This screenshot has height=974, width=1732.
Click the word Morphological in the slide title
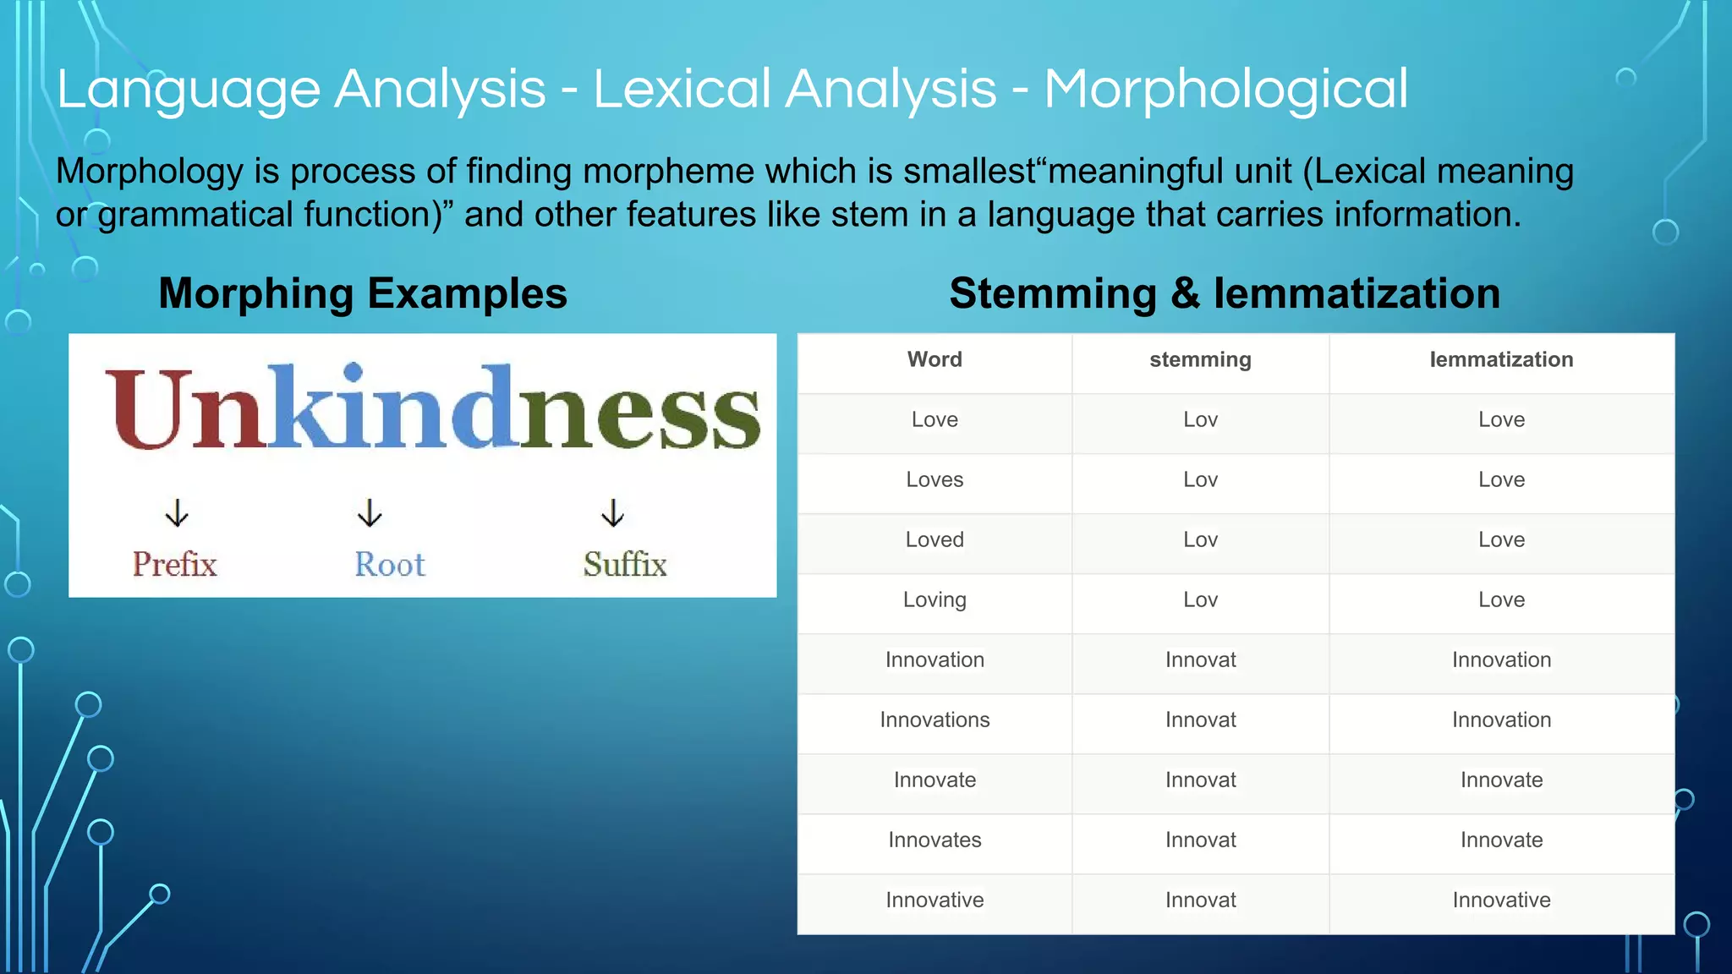pyautogui.click(x=1225, y=90)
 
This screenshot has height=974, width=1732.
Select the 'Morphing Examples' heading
pyautogui.click(x=363, y=293)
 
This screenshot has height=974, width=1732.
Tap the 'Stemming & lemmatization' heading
pyautogui.click(x=1224, y=293)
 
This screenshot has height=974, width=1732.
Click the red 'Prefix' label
pyautogui.click(x=174, y=564)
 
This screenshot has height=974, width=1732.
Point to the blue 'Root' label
pyautogui.click(x=389, y=564)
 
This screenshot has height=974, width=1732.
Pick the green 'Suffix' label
pyautogui.click(x=625, y=564)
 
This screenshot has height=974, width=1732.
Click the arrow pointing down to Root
pyautogui.click(x=370, y=512)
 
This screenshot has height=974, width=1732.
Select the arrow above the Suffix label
pyautogui.click(x=612, y=512)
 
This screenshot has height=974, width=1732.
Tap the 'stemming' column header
pyautogui.click(x=1200, y=359)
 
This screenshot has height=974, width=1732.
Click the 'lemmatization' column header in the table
pyautogui.click(x=1501, y=359)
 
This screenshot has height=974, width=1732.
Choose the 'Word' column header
pyautogui.click(x=935, y=359)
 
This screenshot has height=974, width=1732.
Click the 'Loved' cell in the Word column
pyautogui.click(x=935, y=539)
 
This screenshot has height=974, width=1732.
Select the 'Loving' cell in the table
pyautogui.click(x=935, y=599)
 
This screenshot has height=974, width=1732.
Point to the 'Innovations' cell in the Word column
pyautogui.click(x=935, y=720)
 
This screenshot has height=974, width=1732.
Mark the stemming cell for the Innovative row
pyautogui.click(x=1200, y=900)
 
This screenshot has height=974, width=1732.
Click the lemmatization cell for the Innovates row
pyautogui.click(x=1501, y=840)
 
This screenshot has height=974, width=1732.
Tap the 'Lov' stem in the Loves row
pyautogui.click(x=1200, y=479)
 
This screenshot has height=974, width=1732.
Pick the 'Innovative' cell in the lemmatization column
pyautogui.click(x=1501, y=900)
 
